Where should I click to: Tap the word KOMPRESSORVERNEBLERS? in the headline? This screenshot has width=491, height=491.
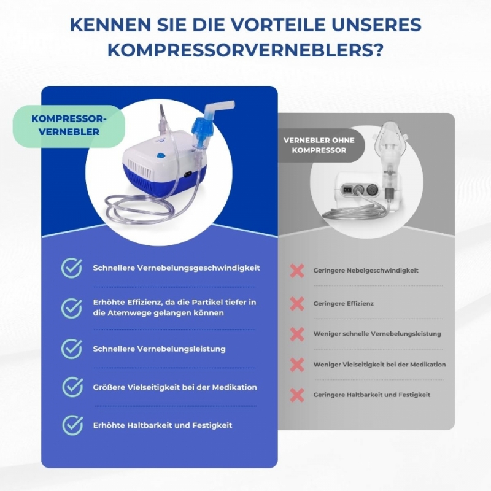[x=245, y=50]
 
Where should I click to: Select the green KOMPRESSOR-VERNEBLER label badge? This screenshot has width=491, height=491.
[x=69, y=126]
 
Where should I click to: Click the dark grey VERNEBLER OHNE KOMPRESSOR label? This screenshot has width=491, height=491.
[x=319, y=145]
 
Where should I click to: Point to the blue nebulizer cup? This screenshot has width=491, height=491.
[x=199, y=129]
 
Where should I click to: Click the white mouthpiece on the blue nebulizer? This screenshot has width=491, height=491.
[x=218, y=108]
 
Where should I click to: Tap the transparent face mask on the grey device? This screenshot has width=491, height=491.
[x=391, y=137]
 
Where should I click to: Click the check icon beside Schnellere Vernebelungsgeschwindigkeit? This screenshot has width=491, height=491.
[x=72, y=268]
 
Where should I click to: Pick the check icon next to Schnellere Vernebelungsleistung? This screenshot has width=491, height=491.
[x=72, y=349]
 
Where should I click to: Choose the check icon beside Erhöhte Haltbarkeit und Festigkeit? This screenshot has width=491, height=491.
[x=72, y=425]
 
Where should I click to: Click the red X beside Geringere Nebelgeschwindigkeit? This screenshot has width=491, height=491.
[x=297, y=271]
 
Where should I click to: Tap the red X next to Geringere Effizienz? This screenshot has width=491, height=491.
[x=297, y=304]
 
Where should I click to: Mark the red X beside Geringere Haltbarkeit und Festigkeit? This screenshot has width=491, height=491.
[x=297, y=395]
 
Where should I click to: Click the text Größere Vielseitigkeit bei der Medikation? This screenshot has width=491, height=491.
[x=175, y=387]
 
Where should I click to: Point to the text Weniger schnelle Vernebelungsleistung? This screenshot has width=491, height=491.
[x=377, y=334]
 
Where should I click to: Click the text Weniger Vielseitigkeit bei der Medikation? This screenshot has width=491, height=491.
[x=379, y=365]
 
